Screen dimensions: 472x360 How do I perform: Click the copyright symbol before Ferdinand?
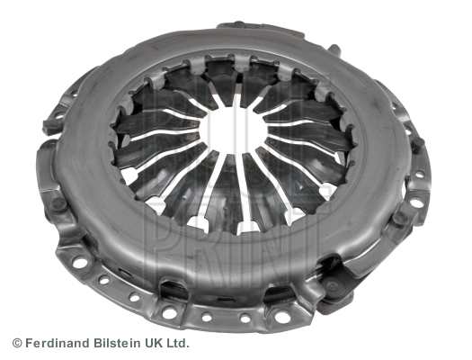pyautogui.click(x=17, y=343)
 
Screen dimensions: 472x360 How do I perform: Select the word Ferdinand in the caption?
pyautogui.click(x=58, y=343)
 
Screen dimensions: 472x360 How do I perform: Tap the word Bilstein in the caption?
pyautogui.click(x=117, y=343)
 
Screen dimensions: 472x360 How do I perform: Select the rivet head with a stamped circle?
pyautogui.click(x=333, y=286)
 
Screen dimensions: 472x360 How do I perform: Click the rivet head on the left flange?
pyautogui.click(x=59, y=204)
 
